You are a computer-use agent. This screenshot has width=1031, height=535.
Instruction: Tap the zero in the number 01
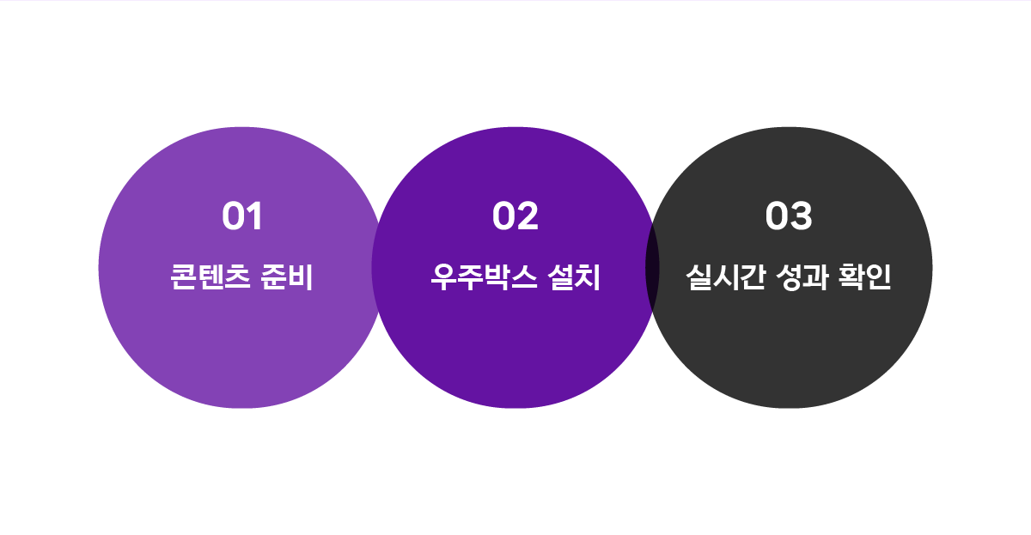click(x=235, y=216)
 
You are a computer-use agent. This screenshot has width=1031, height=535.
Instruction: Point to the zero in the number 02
click(x=504, y=216)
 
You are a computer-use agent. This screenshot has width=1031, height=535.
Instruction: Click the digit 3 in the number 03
click(x=802, y=216)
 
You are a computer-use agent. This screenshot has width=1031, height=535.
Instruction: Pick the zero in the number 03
click(x=778, y=216)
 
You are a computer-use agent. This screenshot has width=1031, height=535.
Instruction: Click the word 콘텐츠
click(x=210, y=277)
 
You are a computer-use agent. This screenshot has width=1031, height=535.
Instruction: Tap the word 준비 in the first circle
click(x=287, y=277)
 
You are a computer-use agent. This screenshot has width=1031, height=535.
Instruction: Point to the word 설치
click(x=575, y=277)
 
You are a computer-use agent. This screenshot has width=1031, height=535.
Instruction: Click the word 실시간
click(x=726, y=277)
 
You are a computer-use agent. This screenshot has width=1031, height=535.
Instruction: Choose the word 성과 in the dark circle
click(x=802, y=277)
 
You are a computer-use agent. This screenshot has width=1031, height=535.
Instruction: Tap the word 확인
click(x=865, y=277)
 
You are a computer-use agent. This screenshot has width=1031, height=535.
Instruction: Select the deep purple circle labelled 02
click(x=515, y=350)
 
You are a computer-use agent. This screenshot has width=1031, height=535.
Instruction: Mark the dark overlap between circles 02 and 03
click(x=652, y=268)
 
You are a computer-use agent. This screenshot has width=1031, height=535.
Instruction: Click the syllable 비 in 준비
click(x=301, y=277)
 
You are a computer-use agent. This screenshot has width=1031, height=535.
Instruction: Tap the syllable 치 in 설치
click(x=589, y=277)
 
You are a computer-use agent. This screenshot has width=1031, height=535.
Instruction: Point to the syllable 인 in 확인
click(x=879, y=277)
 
